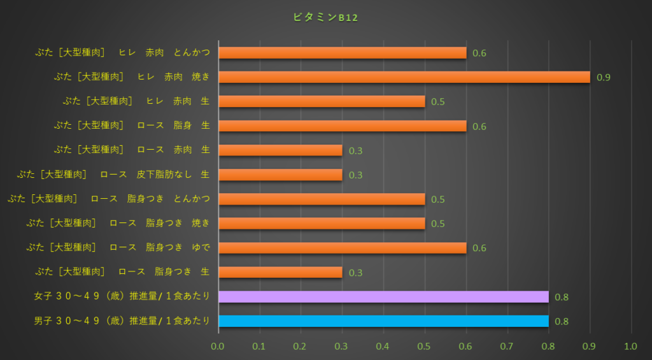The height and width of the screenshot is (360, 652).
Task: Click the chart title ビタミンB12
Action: point(325,18)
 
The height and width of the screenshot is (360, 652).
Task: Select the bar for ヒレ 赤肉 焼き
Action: point(404,77)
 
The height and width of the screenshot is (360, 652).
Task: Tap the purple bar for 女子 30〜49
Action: point(383,297)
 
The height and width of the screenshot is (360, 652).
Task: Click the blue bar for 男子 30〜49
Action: point(383,321)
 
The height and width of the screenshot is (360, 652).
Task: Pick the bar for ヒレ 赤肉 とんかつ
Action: point(343,53)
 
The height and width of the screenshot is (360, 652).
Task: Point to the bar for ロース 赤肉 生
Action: point(280,150)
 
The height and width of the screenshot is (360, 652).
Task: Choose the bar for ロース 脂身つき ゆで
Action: point(343,248)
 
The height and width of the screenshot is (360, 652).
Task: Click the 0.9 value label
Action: point(604,78)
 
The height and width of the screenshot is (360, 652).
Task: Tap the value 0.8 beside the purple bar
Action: point(562,298)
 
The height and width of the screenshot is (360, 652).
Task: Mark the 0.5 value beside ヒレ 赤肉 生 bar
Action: point(438,102)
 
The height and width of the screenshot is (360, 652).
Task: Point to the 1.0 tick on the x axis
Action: point(631,347)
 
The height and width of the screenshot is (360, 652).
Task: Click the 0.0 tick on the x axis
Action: point(218,347)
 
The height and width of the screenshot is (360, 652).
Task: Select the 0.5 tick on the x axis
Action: point(425,347)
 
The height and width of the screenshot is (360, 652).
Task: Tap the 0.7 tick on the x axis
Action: point(507,347)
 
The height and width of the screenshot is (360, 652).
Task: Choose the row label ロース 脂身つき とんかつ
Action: point(109,199)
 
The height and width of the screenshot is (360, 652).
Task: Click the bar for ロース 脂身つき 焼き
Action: point(322,224)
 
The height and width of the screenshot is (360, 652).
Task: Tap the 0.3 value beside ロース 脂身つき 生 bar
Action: point(355,273)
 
